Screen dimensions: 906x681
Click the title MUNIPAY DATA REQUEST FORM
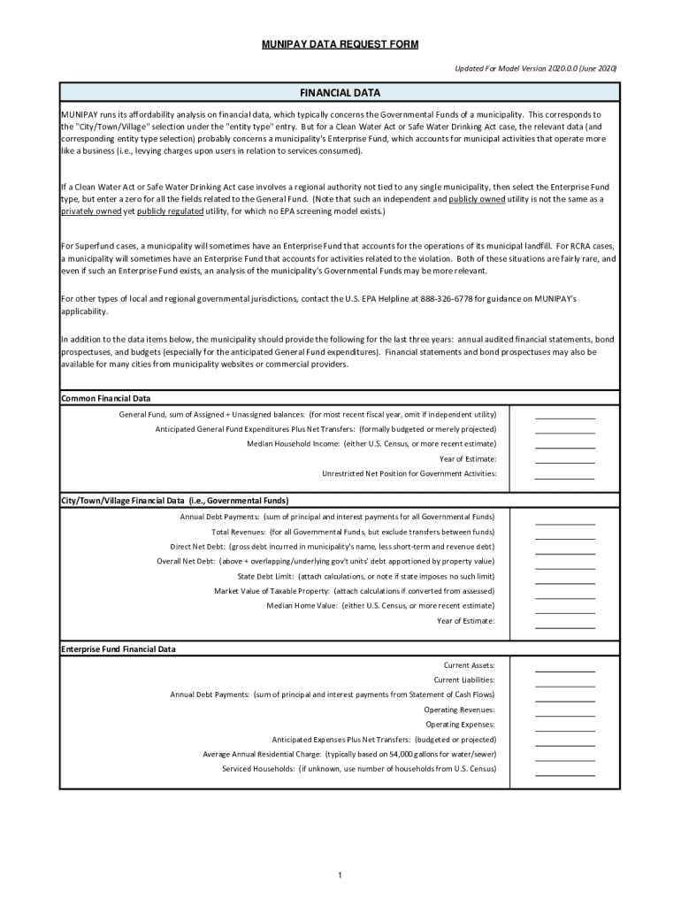(x=340, y=44)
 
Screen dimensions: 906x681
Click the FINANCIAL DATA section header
(x=340, y=92)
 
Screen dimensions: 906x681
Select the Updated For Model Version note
(x=536, y=68)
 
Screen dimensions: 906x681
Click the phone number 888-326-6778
(x=450, y=299)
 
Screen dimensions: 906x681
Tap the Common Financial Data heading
(x=105, y=398)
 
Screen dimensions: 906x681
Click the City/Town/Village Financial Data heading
(x=174, y=500)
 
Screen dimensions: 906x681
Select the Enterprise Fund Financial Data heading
(x=119, y=649)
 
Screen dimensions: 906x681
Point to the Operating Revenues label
(x=459, y=710)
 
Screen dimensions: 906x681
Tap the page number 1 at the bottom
(x=340, y=876)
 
